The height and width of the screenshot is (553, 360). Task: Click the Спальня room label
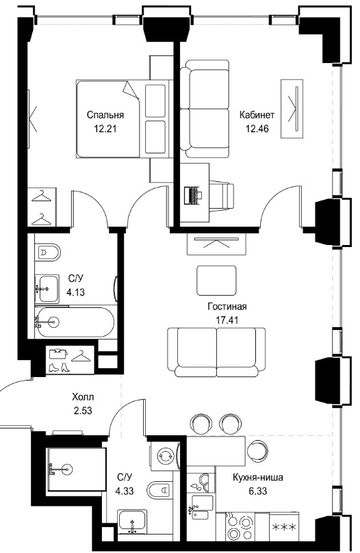(105, 115)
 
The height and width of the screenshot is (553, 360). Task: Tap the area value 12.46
(257, 129)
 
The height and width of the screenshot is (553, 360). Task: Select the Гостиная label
(227, 307)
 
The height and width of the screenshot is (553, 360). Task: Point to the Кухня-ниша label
(258, 478)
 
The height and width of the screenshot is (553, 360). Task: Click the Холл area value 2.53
(83, 411)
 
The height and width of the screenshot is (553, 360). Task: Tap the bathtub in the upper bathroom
(75, 322)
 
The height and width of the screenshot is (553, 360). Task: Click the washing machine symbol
(166, 455)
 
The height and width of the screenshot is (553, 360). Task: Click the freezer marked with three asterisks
(284, 526)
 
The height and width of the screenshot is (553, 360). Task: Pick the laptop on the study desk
(193, 194)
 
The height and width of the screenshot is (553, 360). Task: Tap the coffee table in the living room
(216, 281)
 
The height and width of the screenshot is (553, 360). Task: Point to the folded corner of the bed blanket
(131, 90)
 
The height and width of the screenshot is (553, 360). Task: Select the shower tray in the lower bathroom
(76, 469)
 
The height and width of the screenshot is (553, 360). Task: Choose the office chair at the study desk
(222, 196)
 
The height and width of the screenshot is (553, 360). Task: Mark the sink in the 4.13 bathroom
(47, 289)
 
